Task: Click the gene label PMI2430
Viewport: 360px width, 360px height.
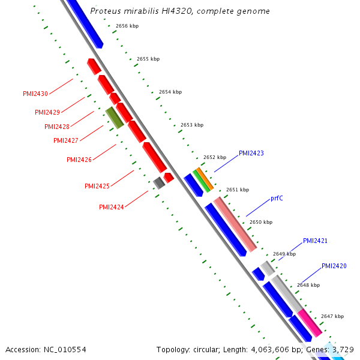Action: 35,94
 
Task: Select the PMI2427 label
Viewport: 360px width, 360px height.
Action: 66,140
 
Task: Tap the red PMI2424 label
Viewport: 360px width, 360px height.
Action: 112,207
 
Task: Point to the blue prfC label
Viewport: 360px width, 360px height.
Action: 277,198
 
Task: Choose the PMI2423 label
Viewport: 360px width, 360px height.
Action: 251,153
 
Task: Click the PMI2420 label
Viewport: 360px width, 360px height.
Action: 334,266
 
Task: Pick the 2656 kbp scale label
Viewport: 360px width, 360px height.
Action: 127,26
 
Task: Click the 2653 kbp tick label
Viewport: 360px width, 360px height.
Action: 192,125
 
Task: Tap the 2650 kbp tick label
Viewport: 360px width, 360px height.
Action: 261,222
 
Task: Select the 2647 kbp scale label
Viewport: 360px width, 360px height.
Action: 332,316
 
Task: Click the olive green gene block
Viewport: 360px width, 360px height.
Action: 115,118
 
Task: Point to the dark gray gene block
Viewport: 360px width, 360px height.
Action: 159,183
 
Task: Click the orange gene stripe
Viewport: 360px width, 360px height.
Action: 205,179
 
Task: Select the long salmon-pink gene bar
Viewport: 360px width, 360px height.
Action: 235,224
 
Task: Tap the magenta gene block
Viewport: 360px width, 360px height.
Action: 310,323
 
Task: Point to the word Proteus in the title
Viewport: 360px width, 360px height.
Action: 106,11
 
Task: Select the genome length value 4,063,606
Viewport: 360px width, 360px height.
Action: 270,350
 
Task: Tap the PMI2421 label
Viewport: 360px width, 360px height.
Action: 315,241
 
